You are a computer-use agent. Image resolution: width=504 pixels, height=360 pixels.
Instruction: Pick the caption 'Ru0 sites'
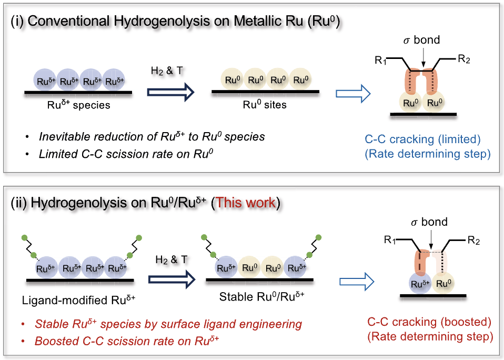click(264, 105)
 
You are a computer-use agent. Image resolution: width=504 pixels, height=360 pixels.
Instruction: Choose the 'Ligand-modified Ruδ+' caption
click(79, 301)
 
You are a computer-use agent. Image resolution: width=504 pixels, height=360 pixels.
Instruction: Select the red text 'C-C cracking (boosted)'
click(430, 322)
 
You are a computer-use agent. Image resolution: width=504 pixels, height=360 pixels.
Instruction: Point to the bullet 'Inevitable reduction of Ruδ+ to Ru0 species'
click(152, 136)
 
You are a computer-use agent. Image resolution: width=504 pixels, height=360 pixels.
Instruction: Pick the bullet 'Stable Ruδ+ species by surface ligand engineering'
click(168, 324)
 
